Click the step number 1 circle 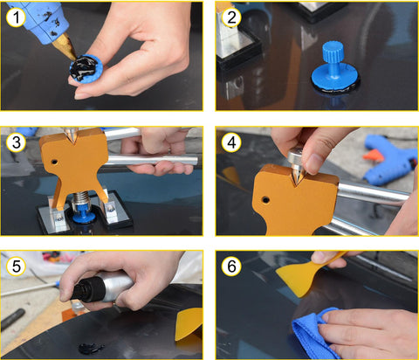[x=16, y=17]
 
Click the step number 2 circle [x=231, y=17]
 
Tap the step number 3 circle [x=17, y=142]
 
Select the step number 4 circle [x=231, y=142]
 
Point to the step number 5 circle [x=17, y=267]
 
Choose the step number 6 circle [x=231, y=267]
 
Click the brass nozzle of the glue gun [x=65, y=45]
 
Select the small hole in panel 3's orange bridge [x=53, y=162]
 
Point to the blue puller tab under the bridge [x=84, y=215]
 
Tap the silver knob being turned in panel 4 [x=296, y=157]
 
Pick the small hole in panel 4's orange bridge [x=265, y=200]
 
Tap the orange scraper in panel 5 [x=189, y=324]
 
